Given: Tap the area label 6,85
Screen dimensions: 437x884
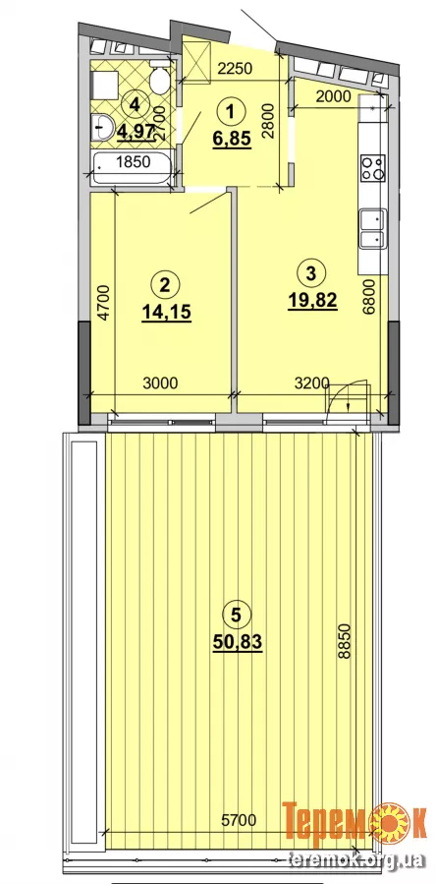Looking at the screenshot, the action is click(231, 139).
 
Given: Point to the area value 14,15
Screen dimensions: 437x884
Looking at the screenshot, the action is click(167, 312).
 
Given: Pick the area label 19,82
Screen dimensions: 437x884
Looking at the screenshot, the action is click(312, 301).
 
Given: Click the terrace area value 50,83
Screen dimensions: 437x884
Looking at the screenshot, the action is click(239, 641).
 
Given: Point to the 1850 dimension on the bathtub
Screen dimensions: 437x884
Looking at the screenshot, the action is click(133, 162).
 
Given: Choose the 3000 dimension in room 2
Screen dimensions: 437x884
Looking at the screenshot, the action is click(160, 383).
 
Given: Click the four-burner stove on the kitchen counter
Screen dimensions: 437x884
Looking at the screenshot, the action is click(373, 167).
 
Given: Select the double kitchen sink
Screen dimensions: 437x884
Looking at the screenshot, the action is click(373, 228).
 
